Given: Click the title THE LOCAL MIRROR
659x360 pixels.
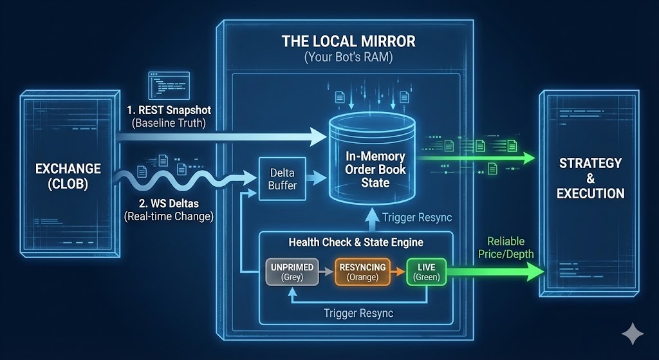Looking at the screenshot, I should pyautogui.click(x=348, y=41).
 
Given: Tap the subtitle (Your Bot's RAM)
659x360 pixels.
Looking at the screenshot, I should pyautogui.click(x=348, y=57).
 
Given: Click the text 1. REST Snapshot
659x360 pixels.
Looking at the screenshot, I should pyautogui.click(x=169, y=110).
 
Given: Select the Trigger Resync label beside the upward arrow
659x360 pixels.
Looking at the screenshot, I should pyautogui.click(x=417, y=218).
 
